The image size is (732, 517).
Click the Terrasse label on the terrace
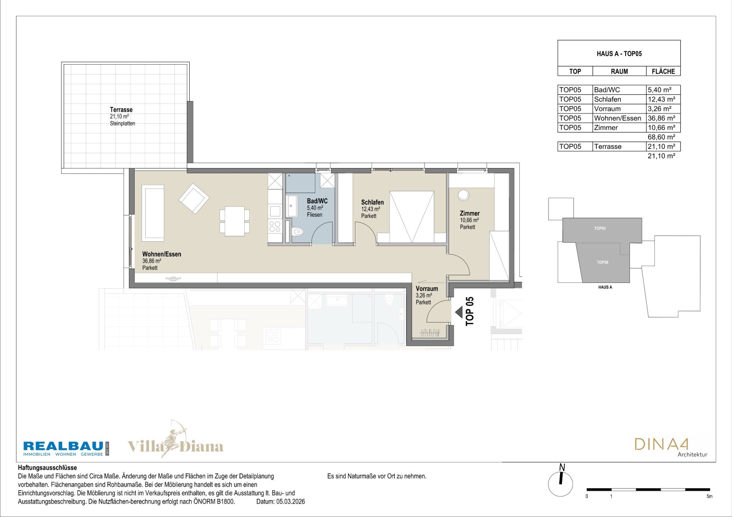point(121,110)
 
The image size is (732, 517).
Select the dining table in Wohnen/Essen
point(235,221)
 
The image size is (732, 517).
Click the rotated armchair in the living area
point(194,198)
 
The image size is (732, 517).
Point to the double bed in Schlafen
point(412,217)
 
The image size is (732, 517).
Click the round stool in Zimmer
point(463,195)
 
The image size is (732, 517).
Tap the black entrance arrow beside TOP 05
point(459,312)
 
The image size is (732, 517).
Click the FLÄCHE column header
point(663,71)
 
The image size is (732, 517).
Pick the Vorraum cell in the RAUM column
point(607,109)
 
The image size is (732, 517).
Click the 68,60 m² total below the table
point(662,137)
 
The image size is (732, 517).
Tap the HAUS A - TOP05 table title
point(619,54)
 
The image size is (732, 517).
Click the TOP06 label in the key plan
point(602,262)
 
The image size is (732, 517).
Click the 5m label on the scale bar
point(709,496)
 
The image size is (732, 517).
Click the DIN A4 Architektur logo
point(671,448)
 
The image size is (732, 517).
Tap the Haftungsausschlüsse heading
point(47,468)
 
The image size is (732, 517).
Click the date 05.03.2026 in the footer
point(290,502)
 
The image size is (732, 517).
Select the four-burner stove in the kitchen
point(275,226)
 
